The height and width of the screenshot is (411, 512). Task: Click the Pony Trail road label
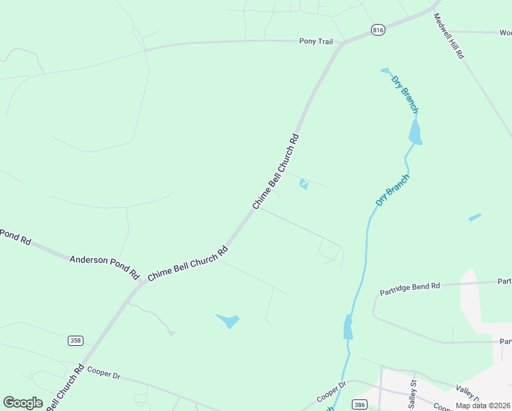click(316, 42)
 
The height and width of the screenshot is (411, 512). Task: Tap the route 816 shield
click(379, 29)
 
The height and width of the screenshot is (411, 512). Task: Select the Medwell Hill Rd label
click(449, 36)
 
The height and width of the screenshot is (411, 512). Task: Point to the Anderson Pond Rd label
click(104, 264)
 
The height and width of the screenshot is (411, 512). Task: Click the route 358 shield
click(75, 340)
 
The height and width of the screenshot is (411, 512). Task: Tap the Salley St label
click(413, 391)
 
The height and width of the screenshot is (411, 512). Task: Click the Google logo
click(23, 402)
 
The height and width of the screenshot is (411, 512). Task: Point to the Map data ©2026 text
click(483, 406)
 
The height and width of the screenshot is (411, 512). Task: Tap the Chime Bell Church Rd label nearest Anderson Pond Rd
click(188, 263)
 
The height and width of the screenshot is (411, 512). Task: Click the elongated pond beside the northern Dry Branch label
click(415, 132)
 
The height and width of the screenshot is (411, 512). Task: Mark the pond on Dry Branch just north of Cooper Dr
click(348, 327)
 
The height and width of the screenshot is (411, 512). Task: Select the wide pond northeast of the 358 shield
click(228, 320)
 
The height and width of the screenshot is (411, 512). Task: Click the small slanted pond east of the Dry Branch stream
click(474, 217)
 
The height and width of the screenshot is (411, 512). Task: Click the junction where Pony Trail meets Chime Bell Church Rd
click(342, 44)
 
